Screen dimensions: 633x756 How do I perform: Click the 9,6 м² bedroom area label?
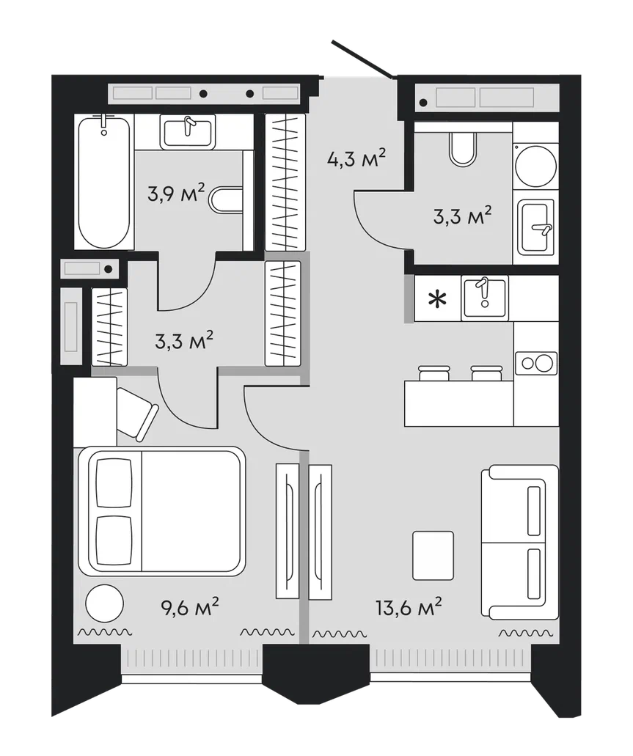190,607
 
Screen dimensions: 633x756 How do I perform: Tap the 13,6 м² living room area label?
409,607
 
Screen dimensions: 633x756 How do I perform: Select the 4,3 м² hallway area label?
356,158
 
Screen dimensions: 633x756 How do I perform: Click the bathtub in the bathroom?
103,182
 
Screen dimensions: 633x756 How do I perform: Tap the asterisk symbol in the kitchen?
438,299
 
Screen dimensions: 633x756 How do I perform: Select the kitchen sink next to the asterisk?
485,298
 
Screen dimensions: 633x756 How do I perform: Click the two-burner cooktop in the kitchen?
536,363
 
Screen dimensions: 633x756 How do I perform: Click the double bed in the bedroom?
162,511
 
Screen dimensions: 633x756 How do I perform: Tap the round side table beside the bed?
105,603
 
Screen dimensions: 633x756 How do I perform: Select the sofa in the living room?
519,542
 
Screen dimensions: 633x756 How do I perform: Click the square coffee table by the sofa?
433,555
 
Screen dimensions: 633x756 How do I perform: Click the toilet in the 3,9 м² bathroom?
226,199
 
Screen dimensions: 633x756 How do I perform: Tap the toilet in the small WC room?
463,149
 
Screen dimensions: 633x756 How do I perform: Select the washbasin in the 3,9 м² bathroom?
188,132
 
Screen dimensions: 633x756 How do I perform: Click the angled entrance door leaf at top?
363,59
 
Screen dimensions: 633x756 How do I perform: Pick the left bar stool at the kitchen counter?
434,373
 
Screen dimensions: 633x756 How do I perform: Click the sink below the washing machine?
536,227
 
